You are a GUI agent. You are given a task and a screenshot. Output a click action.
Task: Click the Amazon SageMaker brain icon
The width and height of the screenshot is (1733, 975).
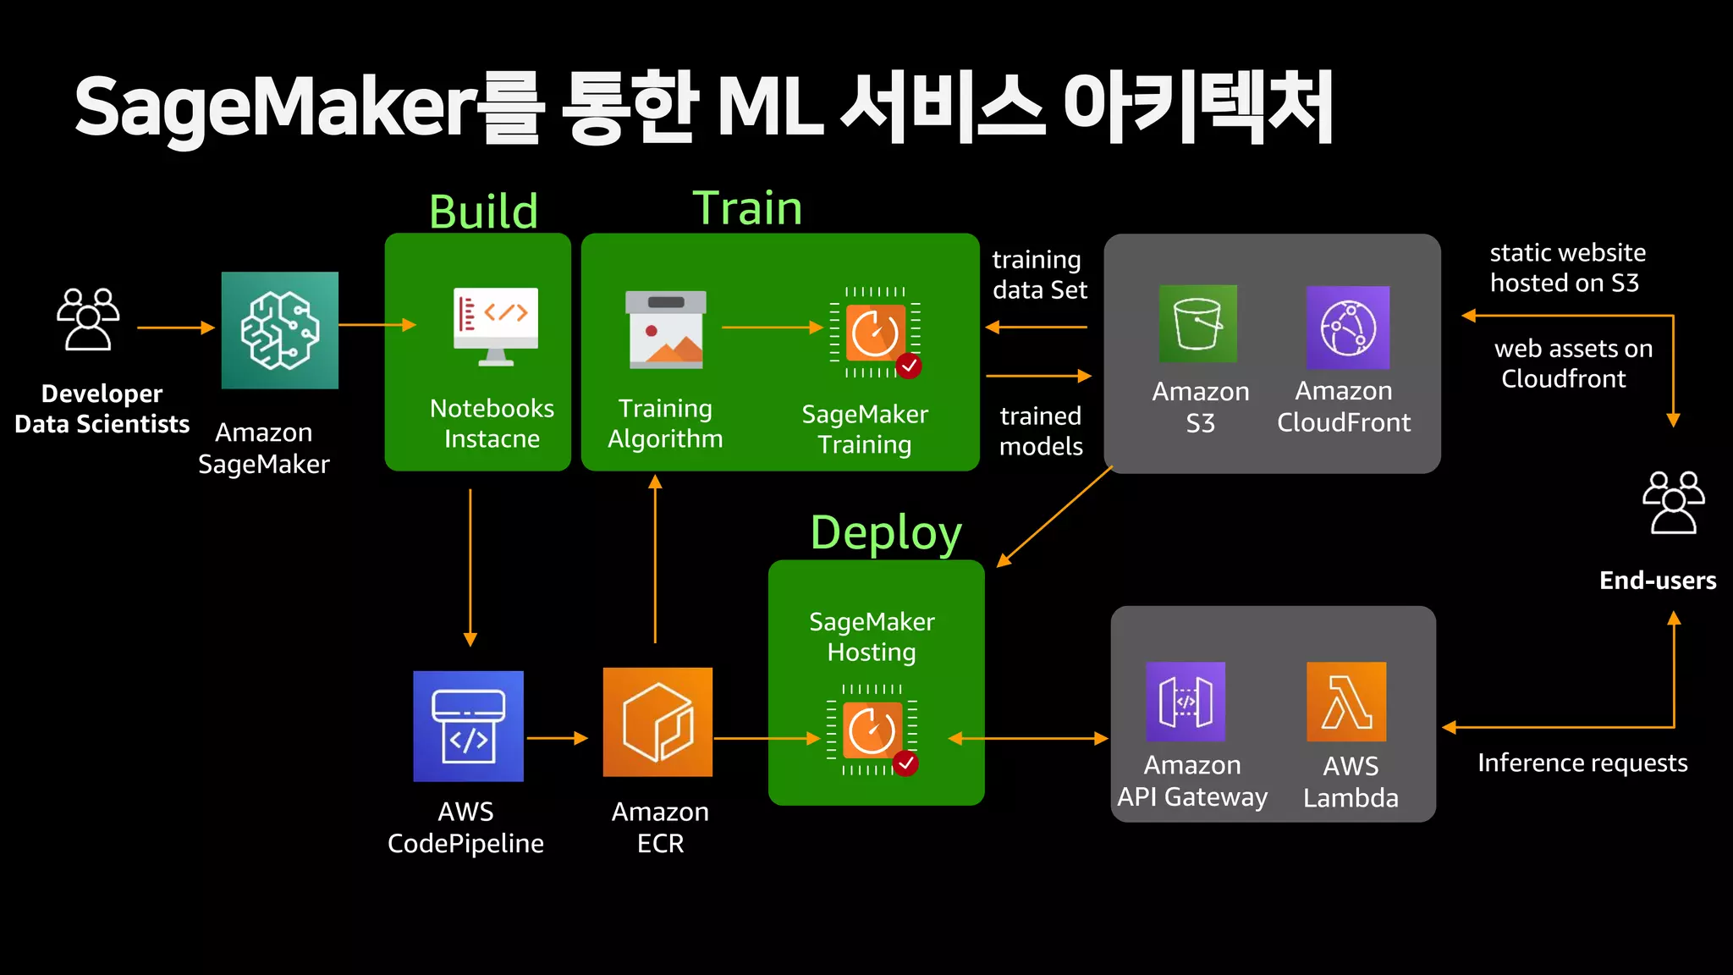coord(279,330)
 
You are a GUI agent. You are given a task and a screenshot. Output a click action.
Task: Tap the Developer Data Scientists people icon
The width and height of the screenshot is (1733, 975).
coord(88,319)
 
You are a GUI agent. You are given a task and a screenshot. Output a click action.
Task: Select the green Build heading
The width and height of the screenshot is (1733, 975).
coord(483,212)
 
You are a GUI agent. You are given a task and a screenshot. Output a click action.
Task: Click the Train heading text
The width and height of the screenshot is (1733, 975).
coord(747,208)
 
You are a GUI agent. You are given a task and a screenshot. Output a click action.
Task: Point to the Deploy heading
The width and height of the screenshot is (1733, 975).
coord(886,533)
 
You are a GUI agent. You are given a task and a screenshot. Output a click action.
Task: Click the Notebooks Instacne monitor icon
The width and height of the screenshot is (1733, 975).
coord(496,327)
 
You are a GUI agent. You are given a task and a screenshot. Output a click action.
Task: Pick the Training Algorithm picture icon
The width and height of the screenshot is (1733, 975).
coord(666,330)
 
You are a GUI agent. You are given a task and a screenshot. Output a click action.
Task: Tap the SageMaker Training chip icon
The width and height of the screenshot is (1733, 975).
coord(876,333)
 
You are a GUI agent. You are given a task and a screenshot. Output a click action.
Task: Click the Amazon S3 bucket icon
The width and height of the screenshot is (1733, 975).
coord(1197,324)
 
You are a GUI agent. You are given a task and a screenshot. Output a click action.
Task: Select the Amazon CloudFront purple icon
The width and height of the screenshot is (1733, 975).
coord(1347,328)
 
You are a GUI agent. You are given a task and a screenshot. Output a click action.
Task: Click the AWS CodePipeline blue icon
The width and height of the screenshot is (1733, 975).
coord(468,726)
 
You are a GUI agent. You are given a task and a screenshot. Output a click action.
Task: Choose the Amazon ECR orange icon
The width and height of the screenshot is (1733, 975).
coord(657,722)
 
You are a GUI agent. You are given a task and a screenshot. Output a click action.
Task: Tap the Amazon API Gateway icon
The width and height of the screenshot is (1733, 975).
coord(1185,702)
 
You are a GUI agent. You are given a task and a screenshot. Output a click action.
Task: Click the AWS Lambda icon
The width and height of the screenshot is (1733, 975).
coord(1346,702)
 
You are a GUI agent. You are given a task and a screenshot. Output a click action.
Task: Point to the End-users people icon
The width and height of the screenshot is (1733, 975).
coord(1673,503)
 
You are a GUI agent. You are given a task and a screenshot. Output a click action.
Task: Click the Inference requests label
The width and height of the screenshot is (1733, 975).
coord(1582,763)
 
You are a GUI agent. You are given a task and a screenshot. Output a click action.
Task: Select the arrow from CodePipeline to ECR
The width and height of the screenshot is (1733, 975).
coord(557,738)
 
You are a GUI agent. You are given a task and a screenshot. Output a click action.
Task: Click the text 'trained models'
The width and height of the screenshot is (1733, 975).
coord(1041,431)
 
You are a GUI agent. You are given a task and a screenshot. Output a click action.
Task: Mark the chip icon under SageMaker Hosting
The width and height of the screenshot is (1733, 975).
coord(872,730)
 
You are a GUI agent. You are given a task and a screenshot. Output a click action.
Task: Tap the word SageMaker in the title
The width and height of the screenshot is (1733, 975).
coord(276,108)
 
